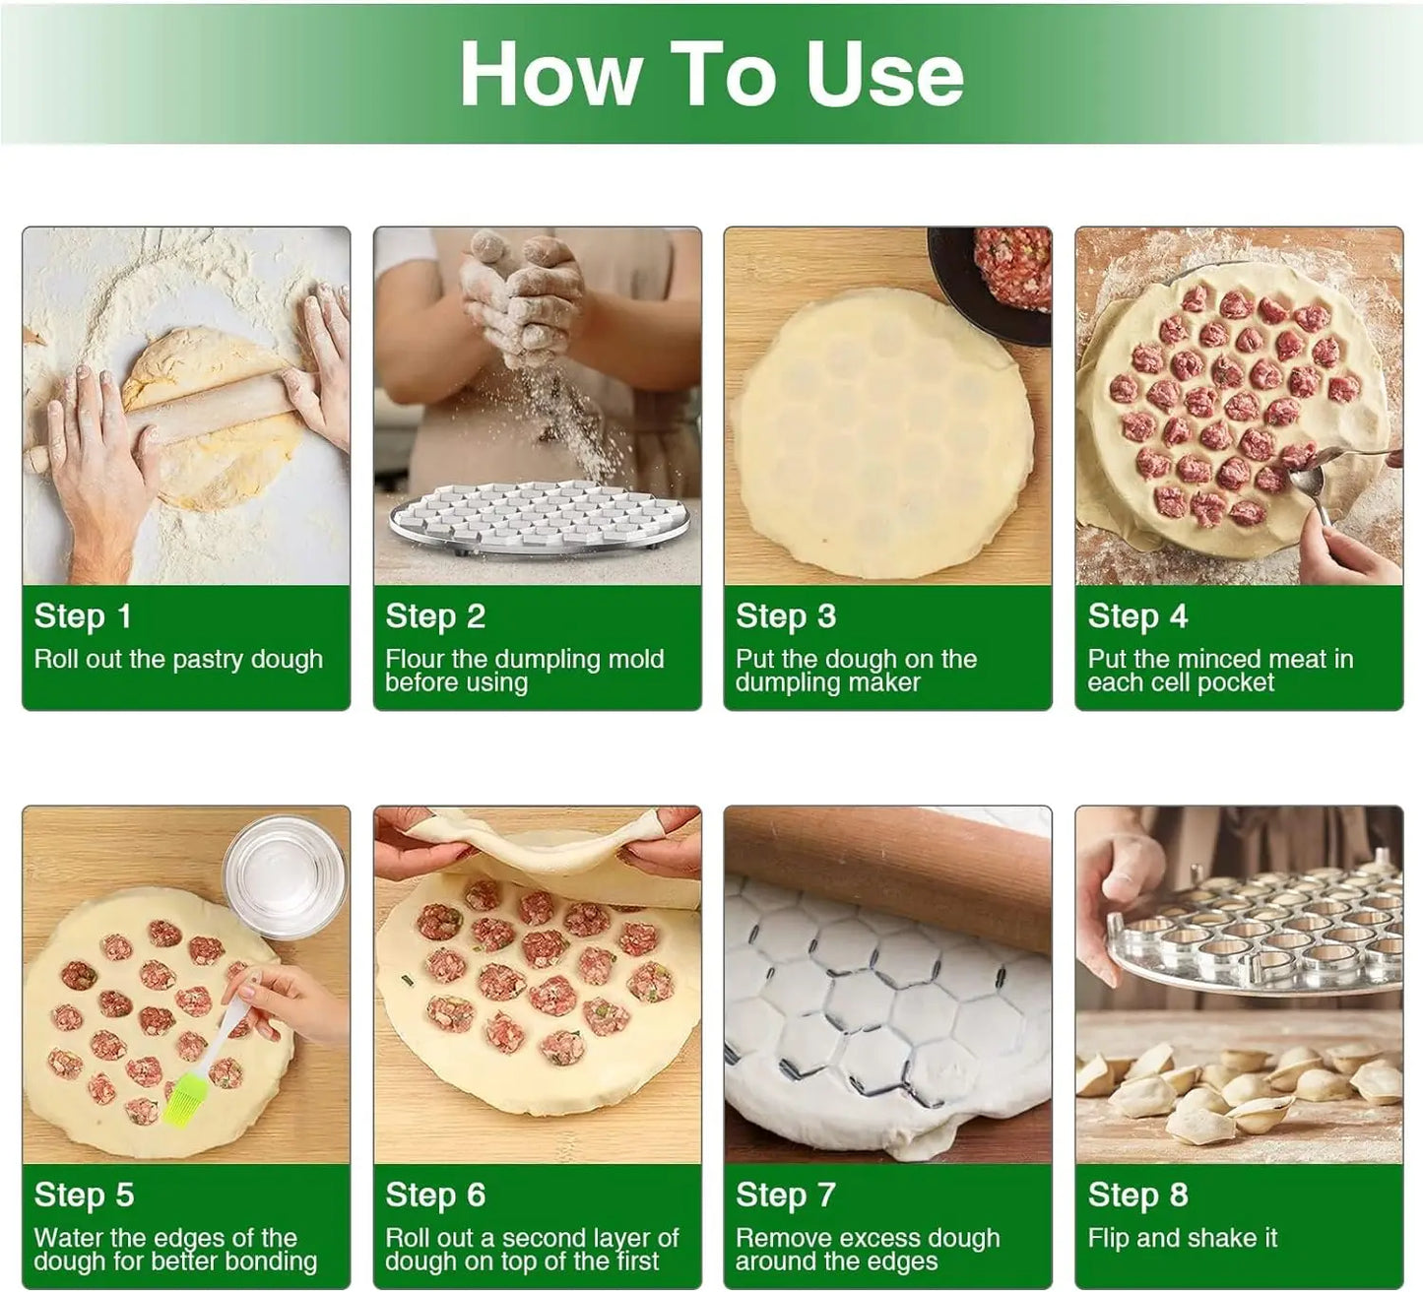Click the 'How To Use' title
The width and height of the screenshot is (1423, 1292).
tap(711, 75)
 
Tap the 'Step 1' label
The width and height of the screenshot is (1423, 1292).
tap(83, 616)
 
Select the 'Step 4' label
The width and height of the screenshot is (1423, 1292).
tap(1137, 616)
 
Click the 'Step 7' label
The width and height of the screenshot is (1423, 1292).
tap(785, 1195)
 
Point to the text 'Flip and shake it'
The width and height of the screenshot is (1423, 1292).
tap(1182, 1238)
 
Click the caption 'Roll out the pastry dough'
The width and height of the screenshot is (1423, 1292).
tap(178, 659)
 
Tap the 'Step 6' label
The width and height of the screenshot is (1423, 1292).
tap(435, 1195)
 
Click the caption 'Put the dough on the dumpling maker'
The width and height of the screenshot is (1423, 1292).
tap(855, 671)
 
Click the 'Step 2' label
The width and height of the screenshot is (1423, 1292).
tap(435, 616)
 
